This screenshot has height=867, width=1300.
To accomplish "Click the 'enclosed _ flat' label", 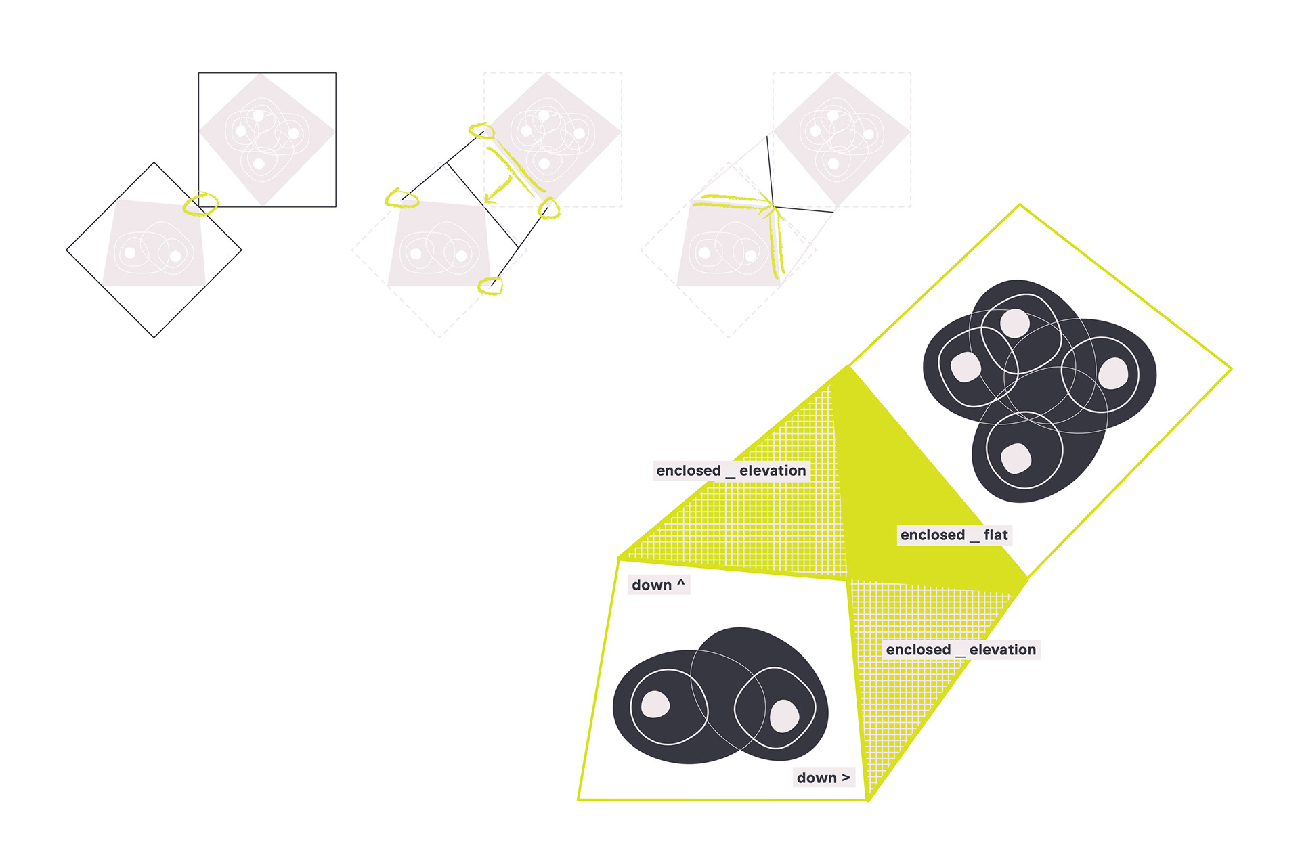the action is [954, 535].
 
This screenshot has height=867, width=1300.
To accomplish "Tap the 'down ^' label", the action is [658, 585].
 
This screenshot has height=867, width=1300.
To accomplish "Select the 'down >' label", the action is [823, 778].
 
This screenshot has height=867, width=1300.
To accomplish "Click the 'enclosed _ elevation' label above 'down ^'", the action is [731, 470].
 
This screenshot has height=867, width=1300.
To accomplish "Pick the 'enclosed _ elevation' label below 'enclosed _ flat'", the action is [961, 650].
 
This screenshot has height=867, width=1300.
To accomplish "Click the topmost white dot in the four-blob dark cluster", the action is [1015, 323].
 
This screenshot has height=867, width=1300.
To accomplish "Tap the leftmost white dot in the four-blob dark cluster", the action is [966, 368].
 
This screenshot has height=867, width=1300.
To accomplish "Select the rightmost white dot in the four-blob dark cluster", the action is [1113, 373].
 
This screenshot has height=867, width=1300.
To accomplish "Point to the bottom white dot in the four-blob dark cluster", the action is [1016, 458].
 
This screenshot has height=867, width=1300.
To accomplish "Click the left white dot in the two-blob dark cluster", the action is [655, 704].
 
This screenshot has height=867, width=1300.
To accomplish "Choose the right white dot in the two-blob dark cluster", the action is [784, 715].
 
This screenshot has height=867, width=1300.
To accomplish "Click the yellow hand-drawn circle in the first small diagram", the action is [200, 204].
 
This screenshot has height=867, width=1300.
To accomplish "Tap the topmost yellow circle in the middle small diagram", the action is [481, 130].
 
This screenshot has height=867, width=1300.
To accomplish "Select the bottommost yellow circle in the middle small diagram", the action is [490, 286].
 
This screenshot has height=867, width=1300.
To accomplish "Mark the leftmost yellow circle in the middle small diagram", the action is [402, 198].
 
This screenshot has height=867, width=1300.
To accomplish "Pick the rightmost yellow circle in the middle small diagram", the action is [549, 208].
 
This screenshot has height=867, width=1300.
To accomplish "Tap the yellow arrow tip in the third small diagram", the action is [772, 203].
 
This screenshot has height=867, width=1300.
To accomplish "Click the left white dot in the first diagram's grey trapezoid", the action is [130, 253].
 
